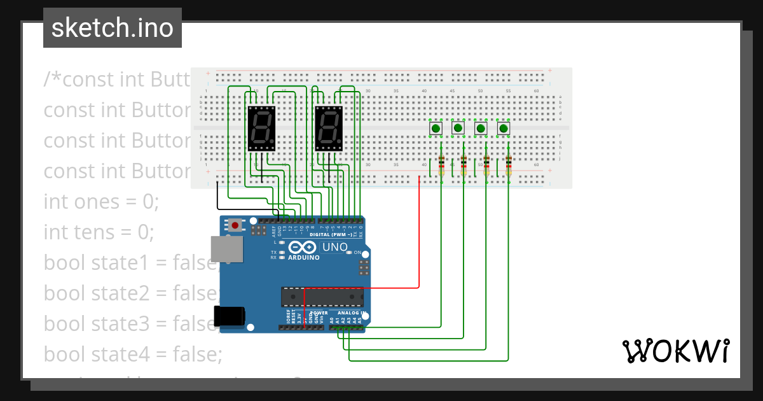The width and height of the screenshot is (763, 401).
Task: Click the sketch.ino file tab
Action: [x=113, y=28]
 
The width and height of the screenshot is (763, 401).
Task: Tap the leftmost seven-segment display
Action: [x=261, y=128]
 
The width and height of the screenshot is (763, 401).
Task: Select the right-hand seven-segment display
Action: [x=329, y=128]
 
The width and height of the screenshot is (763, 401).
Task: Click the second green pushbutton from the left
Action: [x=458, y=129]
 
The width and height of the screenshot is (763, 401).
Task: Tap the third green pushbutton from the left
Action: [x=481, y=129]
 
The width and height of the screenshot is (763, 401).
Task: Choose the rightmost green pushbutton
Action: [x=504, y=129]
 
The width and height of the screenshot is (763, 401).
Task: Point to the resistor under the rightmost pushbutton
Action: [x=508, y=166]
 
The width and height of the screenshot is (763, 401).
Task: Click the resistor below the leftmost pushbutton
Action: [x=441, y=166]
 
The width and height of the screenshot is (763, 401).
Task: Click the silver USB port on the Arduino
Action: [x=227, y=249]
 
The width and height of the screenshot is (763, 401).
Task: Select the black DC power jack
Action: [x=230, y=316]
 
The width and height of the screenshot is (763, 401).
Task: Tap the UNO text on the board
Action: [x=335, y=247]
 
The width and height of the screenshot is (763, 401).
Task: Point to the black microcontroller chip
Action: [x=323, y=297]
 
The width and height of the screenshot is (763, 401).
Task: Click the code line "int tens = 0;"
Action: [x=99, y=232]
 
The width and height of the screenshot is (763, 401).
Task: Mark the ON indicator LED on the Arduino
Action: [x=348, y=253]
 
